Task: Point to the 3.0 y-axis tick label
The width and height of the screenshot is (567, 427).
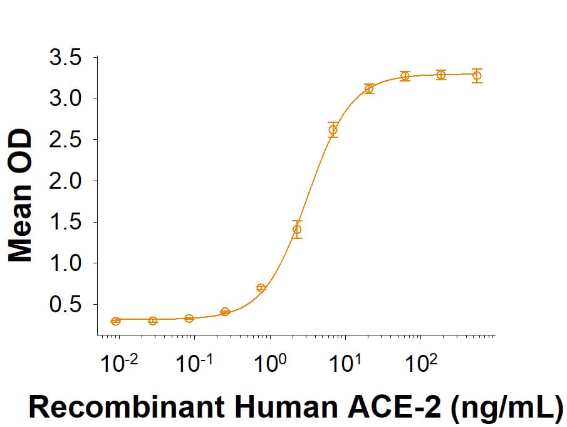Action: coord(65,98)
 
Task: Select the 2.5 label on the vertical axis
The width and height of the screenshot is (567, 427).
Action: coord(65,140)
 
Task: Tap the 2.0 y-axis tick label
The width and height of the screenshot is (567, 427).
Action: coord(65,181)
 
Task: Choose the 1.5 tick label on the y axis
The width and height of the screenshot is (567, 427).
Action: coord(65,222)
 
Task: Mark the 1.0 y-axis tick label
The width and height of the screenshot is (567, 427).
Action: coord(65,263)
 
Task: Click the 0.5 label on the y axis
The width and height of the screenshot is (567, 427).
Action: coord(65,304)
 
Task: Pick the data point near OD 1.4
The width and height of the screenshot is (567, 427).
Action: coord(297,229)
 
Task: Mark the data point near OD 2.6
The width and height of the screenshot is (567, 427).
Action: coord(333,130)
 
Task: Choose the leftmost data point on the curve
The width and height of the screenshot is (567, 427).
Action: coord(115,321)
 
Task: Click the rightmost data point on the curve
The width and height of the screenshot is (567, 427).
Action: coord(477,76)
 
